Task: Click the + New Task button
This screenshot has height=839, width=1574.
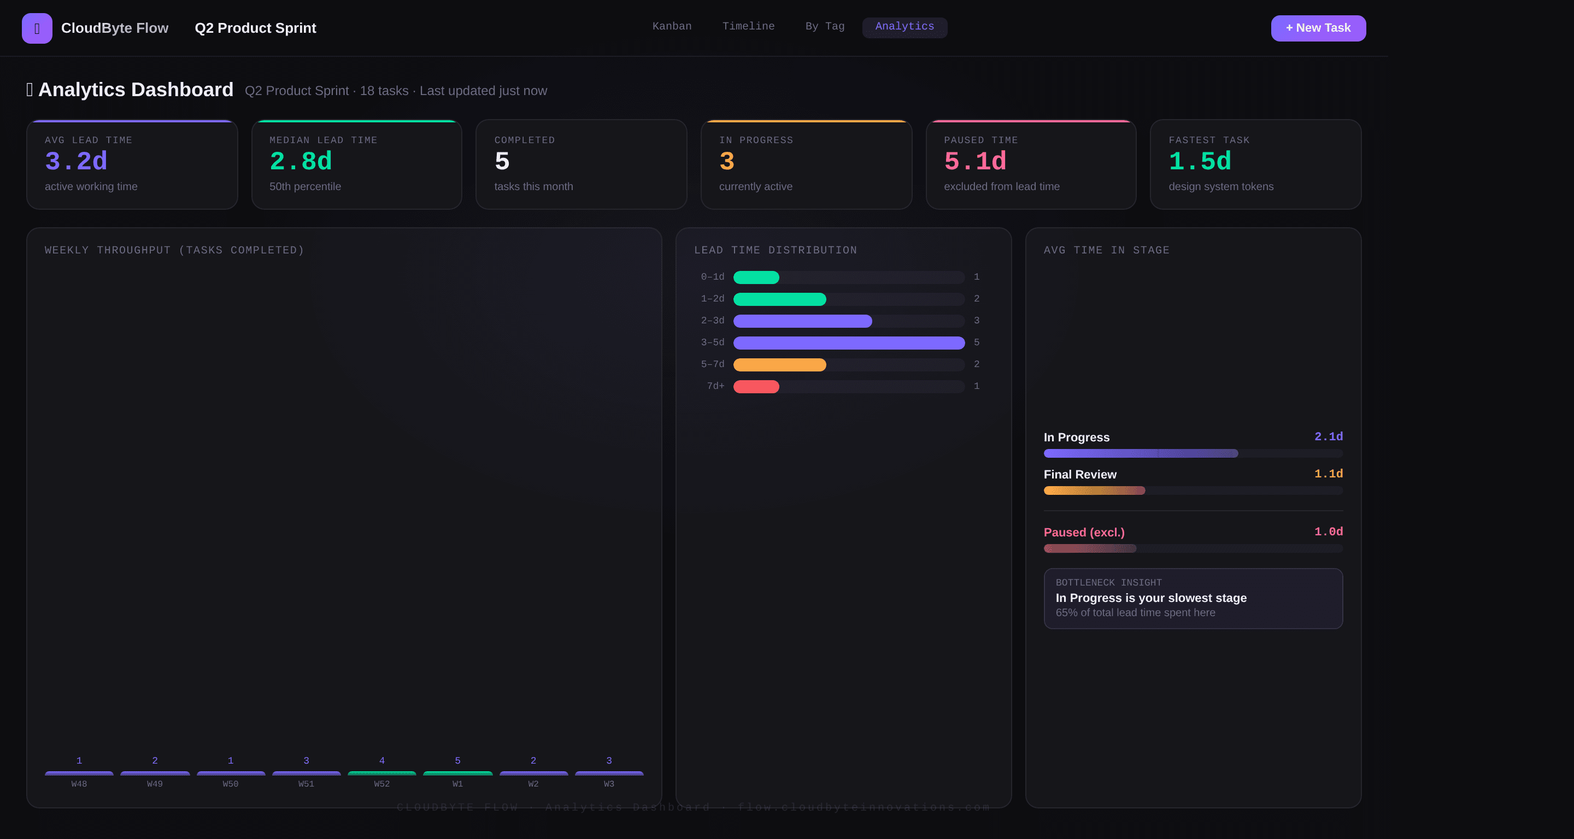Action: (x=1318, y=28)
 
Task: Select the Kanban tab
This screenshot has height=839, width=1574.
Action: (x=672, y=26)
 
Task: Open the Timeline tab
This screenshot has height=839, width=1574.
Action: (x=748, y=26)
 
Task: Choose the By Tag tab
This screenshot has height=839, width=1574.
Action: (x=824, y=26)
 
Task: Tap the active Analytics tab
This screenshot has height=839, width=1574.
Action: (x=905, y=26)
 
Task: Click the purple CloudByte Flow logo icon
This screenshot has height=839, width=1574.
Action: (x=37, y=28)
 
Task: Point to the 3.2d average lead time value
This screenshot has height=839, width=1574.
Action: (x=76, y=161)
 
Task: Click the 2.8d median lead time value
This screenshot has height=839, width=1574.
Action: (x=301, y=161)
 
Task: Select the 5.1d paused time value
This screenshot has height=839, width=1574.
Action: (x=974, y=161)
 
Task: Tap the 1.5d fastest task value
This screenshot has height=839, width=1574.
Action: (x=1200, y=161)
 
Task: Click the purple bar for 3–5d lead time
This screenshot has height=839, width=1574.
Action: (x=848, y=342)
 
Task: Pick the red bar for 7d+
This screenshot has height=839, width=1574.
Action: (x=756, y=387)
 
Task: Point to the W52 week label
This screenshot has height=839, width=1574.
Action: (x=381, y=784)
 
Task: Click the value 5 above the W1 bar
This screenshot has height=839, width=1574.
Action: (x=457, y=761)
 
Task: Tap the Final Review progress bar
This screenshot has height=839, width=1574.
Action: (x=1094, y=491)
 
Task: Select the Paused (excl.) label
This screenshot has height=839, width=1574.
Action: (x=1083, y=533)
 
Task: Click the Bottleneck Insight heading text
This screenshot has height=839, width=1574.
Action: (x=1108, y=582)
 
